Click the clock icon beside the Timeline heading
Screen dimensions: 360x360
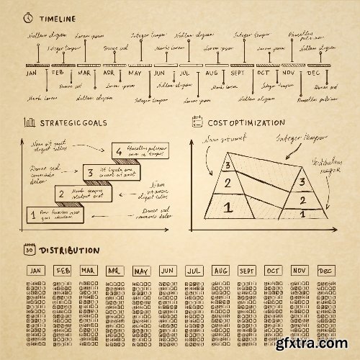[28, 16]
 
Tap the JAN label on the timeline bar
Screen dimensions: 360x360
[31, 73]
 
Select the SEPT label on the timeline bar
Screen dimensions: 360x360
[238, 73]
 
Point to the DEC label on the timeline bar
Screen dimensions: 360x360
[313, 73]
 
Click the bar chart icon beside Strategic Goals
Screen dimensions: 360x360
[29, 122]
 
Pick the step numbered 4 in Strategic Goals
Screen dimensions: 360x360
[118, 151]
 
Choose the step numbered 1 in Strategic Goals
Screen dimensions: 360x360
[32, 213]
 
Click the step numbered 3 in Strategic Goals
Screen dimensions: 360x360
[89, 172]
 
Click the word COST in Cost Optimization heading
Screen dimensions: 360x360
[220, 123]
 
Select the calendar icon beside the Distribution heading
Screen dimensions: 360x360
[29, 250]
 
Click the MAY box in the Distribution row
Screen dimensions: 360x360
[140, 271]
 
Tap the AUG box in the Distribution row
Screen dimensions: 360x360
[220, 271]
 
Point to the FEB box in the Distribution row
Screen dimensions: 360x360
[63, 271]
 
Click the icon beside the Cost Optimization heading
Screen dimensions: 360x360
[197, 122]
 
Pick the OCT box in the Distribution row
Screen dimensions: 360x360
[272, 271]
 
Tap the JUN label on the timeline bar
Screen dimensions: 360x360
[160, 73]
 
